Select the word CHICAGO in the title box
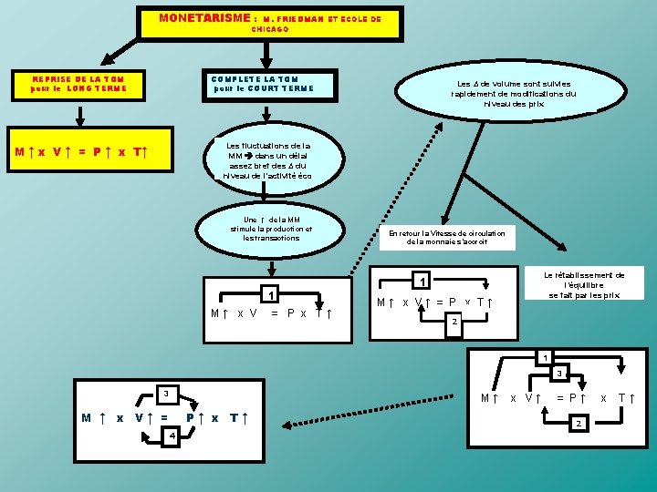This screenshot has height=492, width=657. tap(270, 29)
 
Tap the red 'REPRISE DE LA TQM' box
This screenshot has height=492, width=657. tap(77, 84)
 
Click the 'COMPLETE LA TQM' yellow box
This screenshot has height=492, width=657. tap(262, 84)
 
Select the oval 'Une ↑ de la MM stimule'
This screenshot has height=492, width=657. tap(271, 228)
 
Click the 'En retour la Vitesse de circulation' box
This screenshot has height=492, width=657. tap(447, 237)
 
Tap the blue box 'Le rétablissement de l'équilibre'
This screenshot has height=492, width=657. tap(584, 283)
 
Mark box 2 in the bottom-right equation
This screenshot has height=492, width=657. tap(576, 424)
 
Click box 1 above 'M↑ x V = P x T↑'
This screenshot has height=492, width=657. tap(269, 295)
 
